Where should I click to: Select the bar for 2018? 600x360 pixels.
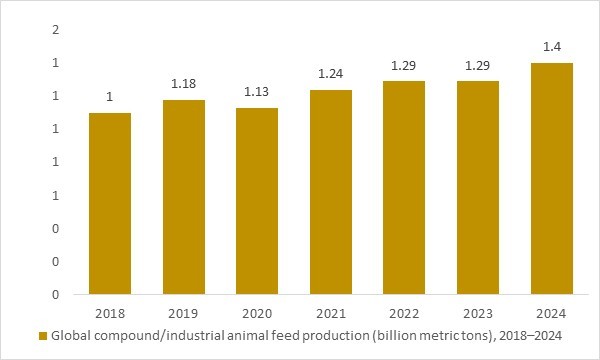click(110, 204)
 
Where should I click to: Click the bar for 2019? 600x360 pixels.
click(184, 197)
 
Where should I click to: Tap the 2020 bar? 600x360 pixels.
click(257, 201)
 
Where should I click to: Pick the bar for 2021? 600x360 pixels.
click(331, 192)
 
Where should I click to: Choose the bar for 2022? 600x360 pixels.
click(405, 188)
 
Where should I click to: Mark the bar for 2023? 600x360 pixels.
click(478, 188)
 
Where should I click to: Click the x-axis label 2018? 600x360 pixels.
click(110, 311)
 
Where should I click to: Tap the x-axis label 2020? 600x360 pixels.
click(257, 311)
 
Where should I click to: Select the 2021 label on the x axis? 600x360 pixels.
click(331, 311)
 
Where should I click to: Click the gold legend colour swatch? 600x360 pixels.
click(42, 336)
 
